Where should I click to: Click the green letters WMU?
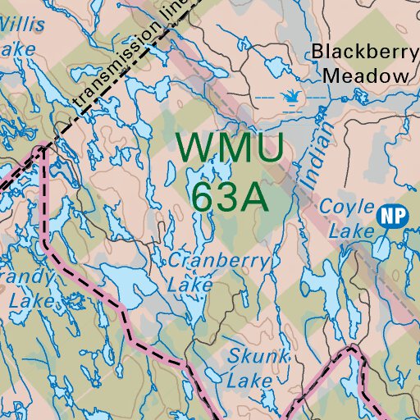click(231, 148)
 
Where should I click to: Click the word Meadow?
click(365, 76)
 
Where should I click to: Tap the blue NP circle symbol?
click(392, 216)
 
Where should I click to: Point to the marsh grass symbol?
click(289, 99)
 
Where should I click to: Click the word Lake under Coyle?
click(351, 232)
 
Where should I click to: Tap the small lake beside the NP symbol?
click(382, 245)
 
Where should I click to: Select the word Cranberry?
click(218, 262)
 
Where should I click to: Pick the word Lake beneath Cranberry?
click(189, 285)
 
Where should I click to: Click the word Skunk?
click(259, 356)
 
